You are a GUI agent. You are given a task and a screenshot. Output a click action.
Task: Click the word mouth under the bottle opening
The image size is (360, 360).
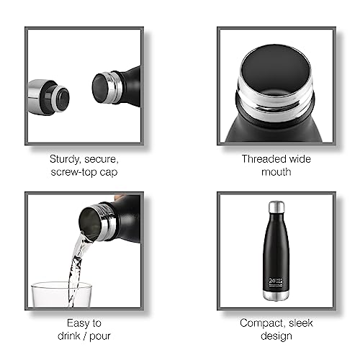pyautogui.click(x=276, y=172)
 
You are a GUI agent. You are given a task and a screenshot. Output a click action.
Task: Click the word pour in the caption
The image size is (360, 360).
pyautogui.click(x=100, y=336)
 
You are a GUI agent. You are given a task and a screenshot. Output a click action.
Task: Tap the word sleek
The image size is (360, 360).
pyautogui.click(x=301, y=323)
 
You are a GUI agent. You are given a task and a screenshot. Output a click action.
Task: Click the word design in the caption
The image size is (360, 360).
pyautogui.click(x=276, y=336)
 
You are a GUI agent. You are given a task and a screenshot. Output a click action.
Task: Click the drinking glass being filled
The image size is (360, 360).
pyautogui.click(x=62, y=294)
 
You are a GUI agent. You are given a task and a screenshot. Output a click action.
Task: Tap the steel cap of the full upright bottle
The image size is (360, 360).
pyautogui.click(x=276, y=207)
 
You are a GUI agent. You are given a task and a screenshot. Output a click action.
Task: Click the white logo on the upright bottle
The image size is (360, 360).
pyautogui.click(x=276, y=282)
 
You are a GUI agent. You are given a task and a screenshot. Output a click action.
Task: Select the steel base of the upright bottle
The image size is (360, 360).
pyautogui.click(x=276, y=296)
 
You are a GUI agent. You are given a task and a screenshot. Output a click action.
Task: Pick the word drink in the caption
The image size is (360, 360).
pyautogui.click(x=68, y=336)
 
